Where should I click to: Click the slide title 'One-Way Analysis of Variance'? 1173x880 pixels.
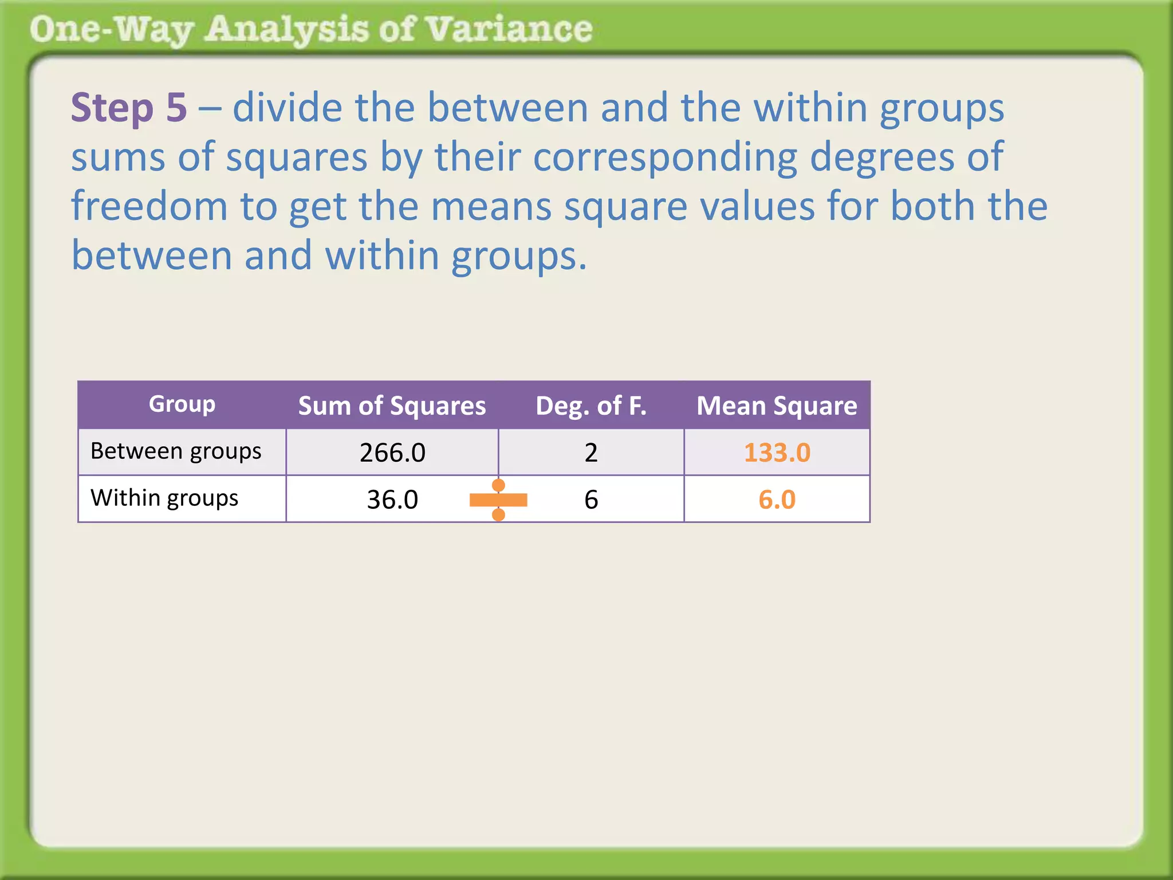(311, 30)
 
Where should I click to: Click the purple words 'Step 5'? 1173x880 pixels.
(129, 108)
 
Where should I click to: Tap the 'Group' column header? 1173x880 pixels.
(182, 404)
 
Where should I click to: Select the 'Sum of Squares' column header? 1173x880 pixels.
(392, 406)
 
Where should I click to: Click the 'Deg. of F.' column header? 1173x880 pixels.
(591, 406)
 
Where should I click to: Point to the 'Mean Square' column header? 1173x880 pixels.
(777, 406)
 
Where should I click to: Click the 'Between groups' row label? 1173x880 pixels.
(176, 451)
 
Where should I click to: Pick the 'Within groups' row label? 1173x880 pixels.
(164, 498)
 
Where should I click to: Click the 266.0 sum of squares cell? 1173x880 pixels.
(392, 453)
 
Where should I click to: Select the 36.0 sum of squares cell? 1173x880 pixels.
(392, 500)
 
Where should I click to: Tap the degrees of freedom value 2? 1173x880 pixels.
(591, 453)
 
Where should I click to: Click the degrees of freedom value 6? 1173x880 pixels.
(591, 500)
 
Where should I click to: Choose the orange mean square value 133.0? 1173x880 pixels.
(777, 453)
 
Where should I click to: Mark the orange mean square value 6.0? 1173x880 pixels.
(777, 500)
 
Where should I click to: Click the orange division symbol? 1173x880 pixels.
(498, 500)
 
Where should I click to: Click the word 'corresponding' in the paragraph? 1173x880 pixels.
(665, 157)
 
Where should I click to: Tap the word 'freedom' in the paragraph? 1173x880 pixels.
(149, 206)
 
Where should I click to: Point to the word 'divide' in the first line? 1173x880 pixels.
(288, 108)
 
